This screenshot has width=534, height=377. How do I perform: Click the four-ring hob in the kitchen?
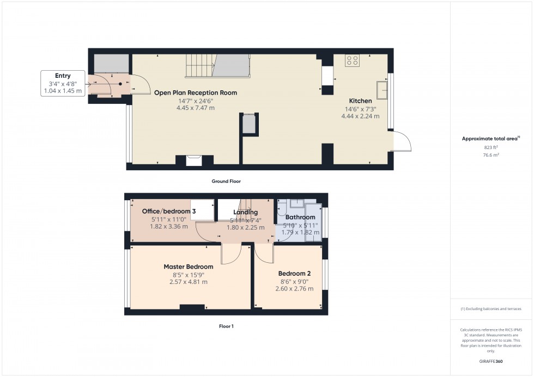point(352,61)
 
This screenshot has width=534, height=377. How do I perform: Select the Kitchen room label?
point(360,101)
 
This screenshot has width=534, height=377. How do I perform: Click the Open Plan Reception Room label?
point(195,92)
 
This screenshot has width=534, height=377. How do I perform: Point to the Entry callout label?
point(63,76)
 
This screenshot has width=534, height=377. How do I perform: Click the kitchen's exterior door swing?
point(402,142)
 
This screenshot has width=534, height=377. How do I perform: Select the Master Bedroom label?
point(188,267)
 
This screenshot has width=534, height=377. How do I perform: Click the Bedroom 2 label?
point(294,273)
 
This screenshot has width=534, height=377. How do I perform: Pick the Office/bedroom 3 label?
point(166,211)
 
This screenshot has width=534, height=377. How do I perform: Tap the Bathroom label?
point(300,217)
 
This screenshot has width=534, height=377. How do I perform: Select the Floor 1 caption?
point(225,326)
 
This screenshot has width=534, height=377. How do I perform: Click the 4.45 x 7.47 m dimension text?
point(195,108)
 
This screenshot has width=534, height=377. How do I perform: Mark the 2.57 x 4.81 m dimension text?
point(188,282)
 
